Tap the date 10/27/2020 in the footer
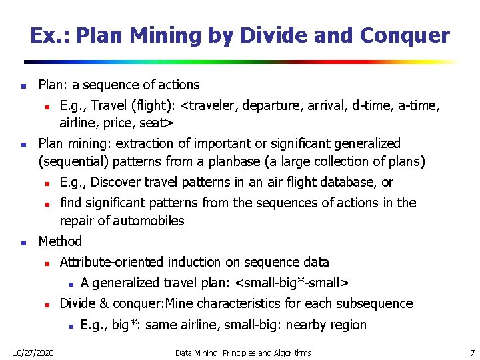point(33,351)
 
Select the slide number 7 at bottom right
point(472,351)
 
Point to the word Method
point(60,241)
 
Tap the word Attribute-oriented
point(112,262)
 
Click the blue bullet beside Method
point(23,242)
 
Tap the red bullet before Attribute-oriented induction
point(45,263)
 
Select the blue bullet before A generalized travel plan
point(67,283)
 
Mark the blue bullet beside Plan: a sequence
point(23,85)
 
